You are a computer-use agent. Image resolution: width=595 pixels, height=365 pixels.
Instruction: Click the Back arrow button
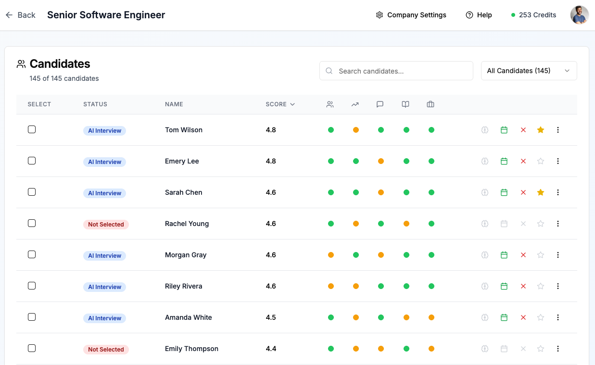pos(20,15)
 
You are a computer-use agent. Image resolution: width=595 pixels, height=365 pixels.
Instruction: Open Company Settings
pos(411,15)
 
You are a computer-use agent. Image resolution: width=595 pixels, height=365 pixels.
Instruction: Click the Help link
pos(479,15)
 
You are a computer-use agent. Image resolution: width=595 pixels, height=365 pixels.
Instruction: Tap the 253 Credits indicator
pos(533,15)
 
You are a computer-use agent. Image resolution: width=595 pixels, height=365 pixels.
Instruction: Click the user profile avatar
pos(580,15)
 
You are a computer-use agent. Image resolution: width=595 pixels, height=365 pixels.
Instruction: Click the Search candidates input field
pos(396,71)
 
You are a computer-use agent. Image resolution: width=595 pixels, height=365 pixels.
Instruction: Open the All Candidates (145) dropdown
pos(529,71)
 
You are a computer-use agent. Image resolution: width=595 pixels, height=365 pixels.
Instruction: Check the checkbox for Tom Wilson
pos(32,129)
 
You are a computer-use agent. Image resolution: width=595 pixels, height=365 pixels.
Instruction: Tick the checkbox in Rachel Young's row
pos(32,223)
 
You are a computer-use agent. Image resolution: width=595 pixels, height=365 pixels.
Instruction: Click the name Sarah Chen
pos(183,192)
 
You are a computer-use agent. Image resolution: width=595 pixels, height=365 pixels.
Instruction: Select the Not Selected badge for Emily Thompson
pos(106,349)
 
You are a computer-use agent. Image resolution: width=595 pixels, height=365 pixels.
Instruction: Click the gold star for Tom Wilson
pos(541,130)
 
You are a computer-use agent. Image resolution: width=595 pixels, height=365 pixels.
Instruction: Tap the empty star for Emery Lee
pos(541,161)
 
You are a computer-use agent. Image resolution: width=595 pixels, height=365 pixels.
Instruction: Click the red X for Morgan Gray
pos(523,255)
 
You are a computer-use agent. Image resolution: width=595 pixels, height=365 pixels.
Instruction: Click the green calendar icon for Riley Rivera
pos(504,286)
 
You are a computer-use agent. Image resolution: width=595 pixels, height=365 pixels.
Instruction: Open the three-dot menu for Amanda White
pos(558,317)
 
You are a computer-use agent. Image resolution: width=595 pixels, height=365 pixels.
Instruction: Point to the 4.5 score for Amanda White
pos(271,317)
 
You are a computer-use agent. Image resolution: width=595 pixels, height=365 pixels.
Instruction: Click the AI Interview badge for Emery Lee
pos(104,162)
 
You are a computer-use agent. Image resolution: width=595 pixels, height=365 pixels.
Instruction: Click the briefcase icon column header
pos(430,104)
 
